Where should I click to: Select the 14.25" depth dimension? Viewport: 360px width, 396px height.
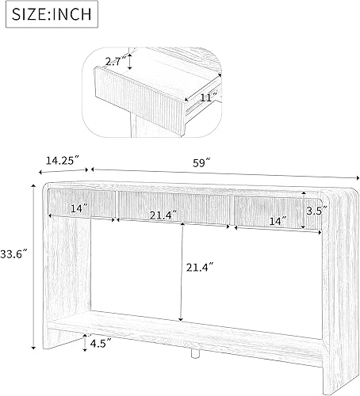point(64,159)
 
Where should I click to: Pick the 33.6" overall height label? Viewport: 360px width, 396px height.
point(14,254)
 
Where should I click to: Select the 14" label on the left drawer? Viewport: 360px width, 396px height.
point(78,208)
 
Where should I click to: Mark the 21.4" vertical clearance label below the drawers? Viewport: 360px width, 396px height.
point(198,268)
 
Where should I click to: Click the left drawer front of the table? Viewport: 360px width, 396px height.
point(79,205)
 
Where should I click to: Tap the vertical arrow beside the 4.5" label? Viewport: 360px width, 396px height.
point(86,342)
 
